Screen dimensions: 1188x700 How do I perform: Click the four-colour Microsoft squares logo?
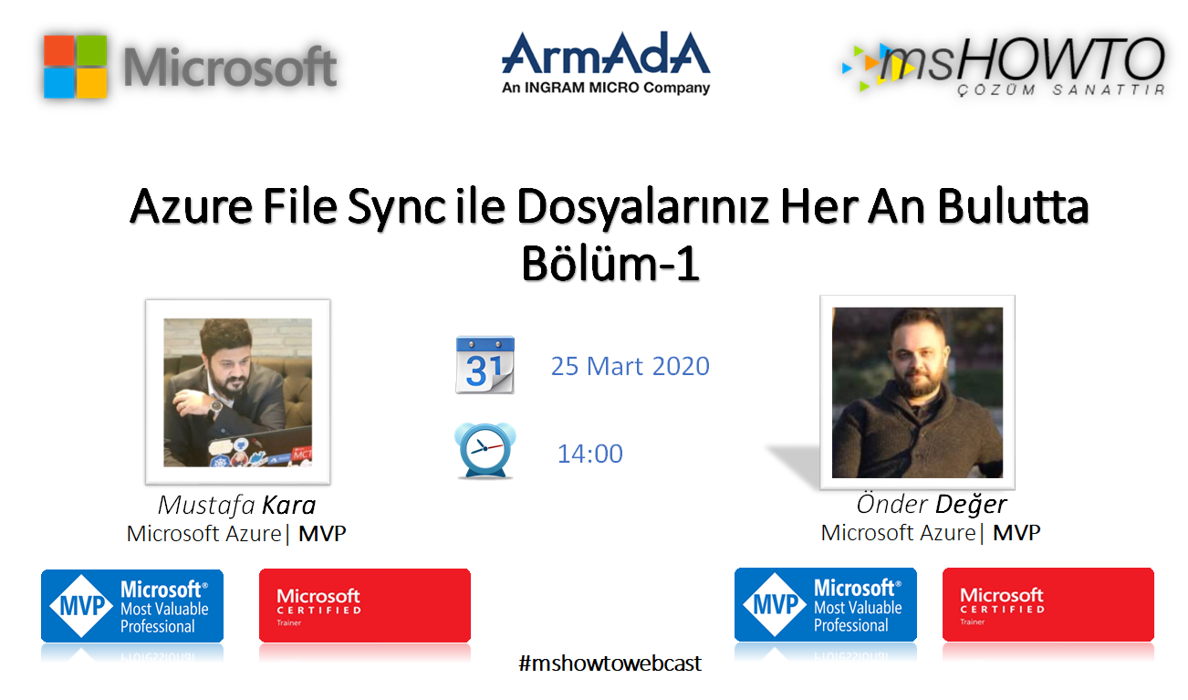point(76,67)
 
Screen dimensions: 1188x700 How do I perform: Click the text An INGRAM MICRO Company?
point(606,88)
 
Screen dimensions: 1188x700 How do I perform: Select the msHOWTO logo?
point(1004,66)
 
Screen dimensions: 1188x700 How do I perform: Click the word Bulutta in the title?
point(1013,207)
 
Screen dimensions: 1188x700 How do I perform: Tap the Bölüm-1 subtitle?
point(610,263)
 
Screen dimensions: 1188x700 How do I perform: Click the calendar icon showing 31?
point(485,365)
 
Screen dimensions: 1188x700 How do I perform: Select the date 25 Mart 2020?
point(630,366)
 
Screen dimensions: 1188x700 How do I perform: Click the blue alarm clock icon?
point(485,450)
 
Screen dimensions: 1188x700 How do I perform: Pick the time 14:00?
point(590,454)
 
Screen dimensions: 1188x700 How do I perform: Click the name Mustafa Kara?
point(236,506)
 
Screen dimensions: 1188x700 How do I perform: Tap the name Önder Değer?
point(932,505)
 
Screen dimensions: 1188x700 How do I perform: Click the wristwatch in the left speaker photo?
point(215,408)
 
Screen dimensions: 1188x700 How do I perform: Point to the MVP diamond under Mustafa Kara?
point(81,606)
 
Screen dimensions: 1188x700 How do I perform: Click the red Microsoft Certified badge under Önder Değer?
point(1048,604)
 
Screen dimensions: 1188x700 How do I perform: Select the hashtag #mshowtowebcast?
point(610,663)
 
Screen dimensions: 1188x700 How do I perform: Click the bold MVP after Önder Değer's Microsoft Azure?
point(1016,533)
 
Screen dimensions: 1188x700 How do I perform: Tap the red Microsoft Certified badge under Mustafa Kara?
point(365,606)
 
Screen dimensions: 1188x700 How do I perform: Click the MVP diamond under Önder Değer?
point(775,604)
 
